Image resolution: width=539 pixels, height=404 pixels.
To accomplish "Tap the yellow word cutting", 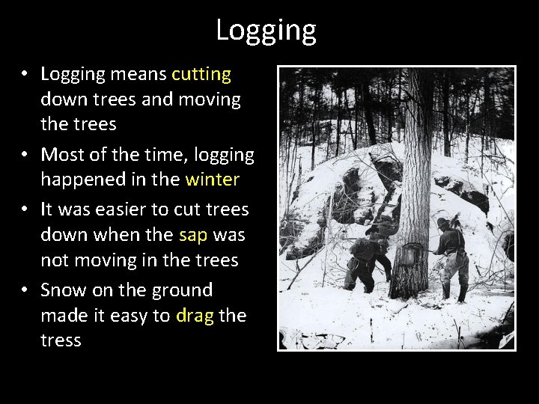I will coord(201,74).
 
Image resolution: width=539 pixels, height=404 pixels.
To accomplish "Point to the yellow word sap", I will coord(193,235).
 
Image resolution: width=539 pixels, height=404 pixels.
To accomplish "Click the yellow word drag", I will coord(195,316).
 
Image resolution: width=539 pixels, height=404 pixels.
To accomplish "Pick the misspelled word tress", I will coord(61,341).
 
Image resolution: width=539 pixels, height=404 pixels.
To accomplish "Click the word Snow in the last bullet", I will coord(62,290).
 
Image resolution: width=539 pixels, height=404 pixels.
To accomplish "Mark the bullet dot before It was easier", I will coord(25,209).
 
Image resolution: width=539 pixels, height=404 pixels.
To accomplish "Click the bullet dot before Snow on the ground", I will coord(25,290).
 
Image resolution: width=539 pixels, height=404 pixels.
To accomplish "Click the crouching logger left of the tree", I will coord(371,258).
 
